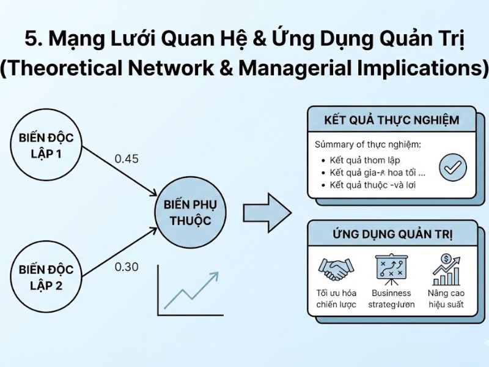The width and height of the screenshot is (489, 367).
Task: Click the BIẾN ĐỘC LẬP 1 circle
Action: (46, 146)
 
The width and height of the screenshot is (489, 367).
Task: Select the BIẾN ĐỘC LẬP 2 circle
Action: (46, 276)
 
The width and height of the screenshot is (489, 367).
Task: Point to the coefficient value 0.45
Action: (127, 159)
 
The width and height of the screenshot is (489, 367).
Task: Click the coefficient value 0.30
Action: (127, 267)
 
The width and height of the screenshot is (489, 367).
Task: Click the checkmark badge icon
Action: (452, 167)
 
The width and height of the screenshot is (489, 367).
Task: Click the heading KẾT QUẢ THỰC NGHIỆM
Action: (392, 120)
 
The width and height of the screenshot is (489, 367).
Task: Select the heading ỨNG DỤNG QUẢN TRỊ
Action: (392, 233)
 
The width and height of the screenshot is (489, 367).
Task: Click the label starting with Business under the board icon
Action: (392, 298)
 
